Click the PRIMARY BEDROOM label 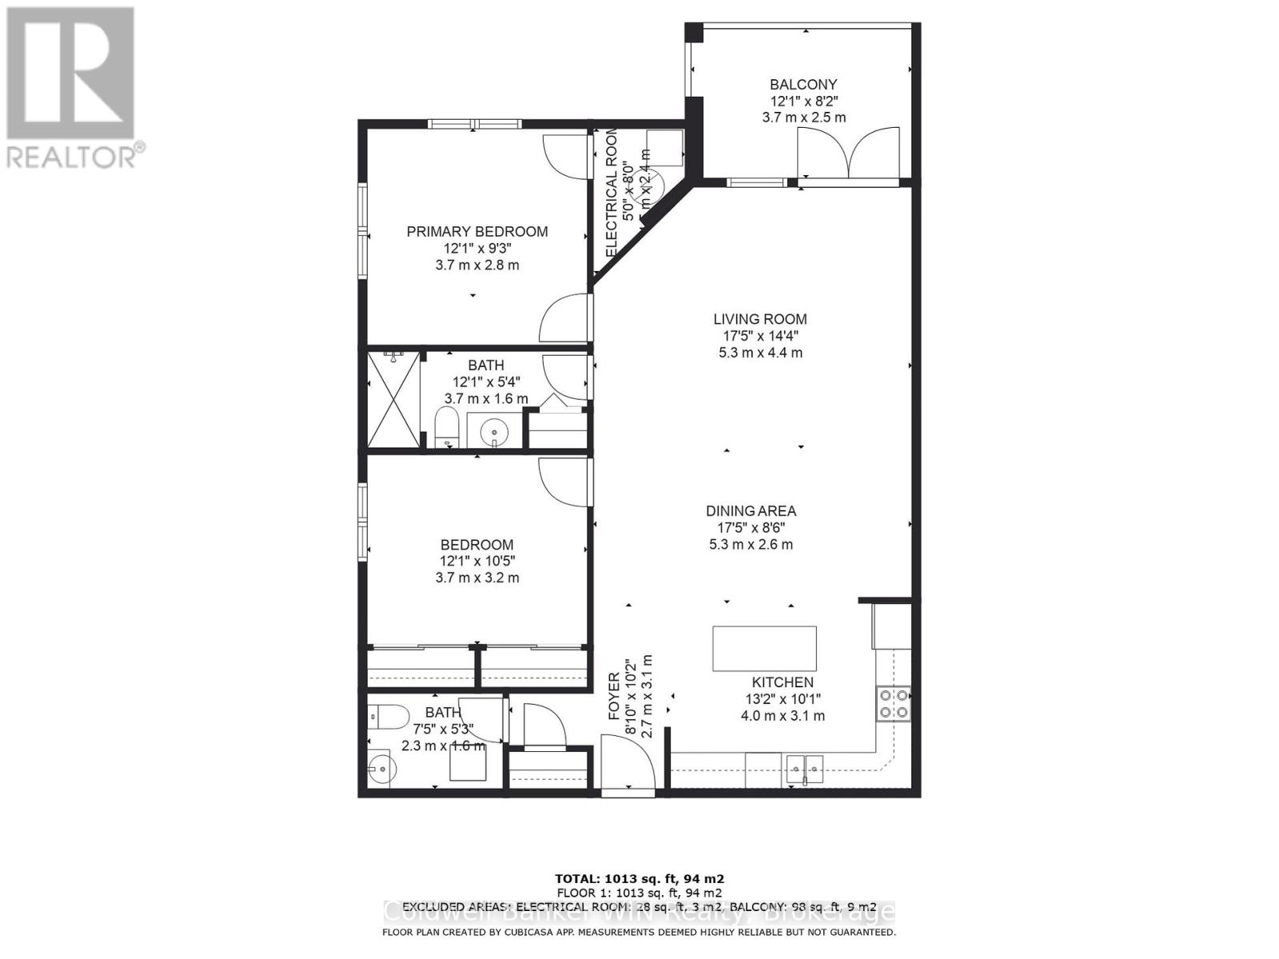pos(477,232)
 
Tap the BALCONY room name pos(803,85)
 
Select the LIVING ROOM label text pos(760,320)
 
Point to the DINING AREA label pos(751,511)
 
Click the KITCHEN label pos(783,682)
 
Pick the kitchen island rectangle pos(764,648)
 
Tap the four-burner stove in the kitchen pos(894,704)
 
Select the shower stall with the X pos(393,400)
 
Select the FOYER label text pos(614,697)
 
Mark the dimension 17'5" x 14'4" pos(760,336)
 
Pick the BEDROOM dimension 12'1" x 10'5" pos(476,562)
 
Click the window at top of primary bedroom pos(473,124)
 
